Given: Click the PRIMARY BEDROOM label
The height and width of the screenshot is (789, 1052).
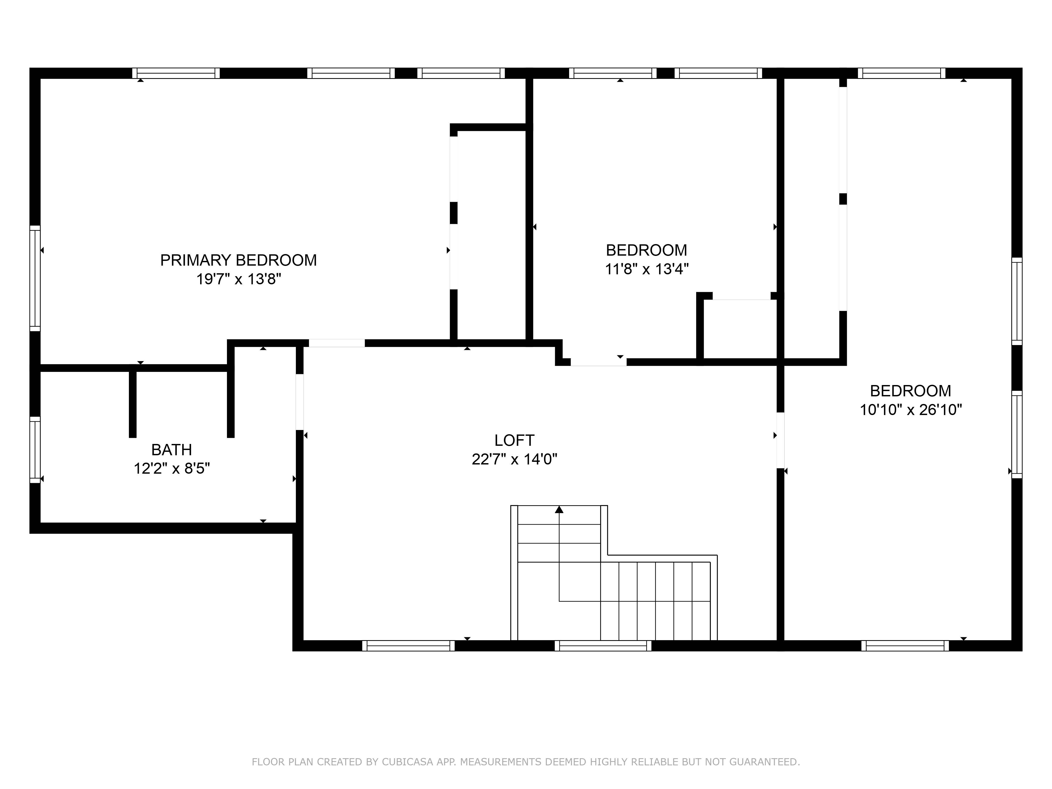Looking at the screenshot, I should pyautogui.click(x=238, y=260).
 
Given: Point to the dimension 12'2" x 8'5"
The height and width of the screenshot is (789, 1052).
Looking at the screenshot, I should pyautogui.click(x=172, y=468).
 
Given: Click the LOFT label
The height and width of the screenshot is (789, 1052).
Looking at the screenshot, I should pyautogui.click(x=514, y=441).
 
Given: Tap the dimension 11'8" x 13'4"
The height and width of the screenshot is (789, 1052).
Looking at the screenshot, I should pyautogui.click(x=646, y=269).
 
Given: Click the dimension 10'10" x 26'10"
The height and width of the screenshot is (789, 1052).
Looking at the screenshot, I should pyautogui.click(x=910, y=409).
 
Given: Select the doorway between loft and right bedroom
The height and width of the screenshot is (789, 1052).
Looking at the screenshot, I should pyautogui.click(x=780, y=441).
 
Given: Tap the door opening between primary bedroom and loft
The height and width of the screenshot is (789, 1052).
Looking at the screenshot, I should pyautogui.click(x=337, y=343).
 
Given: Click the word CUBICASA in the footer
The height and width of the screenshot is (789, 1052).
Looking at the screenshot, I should pyautogui.click(x=407, y=762).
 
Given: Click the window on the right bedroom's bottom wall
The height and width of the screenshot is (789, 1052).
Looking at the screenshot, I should pyautogui.click(x=904, y=645).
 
